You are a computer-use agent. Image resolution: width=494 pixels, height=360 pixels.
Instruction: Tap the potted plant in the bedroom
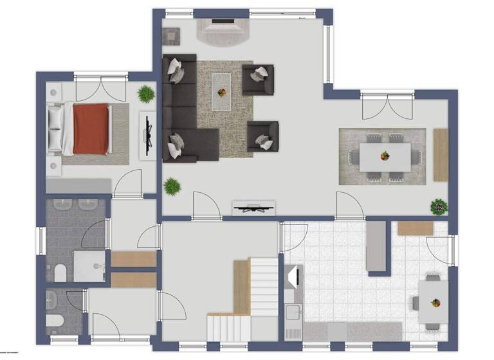coord(146,94)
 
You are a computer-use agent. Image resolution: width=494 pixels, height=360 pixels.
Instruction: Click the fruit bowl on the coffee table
coord(223,91)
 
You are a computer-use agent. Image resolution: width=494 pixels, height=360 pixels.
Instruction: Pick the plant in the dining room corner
coord(439,207)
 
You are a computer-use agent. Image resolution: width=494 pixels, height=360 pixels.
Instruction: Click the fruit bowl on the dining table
coord(385,156)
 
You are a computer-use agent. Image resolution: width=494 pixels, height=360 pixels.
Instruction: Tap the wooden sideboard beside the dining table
coord(441,155)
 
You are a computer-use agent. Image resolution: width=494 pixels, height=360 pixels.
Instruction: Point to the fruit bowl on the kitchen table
coord(435,302)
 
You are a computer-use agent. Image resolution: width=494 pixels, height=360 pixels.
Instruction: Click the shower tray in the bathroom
coord(88,265)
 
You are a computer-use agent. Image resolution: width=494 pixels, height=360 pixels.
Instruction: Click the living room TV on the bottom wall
coord(253,207)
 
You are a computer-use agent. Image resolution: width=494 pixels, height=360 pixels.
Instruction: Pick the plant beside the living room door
coord(172,187)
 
